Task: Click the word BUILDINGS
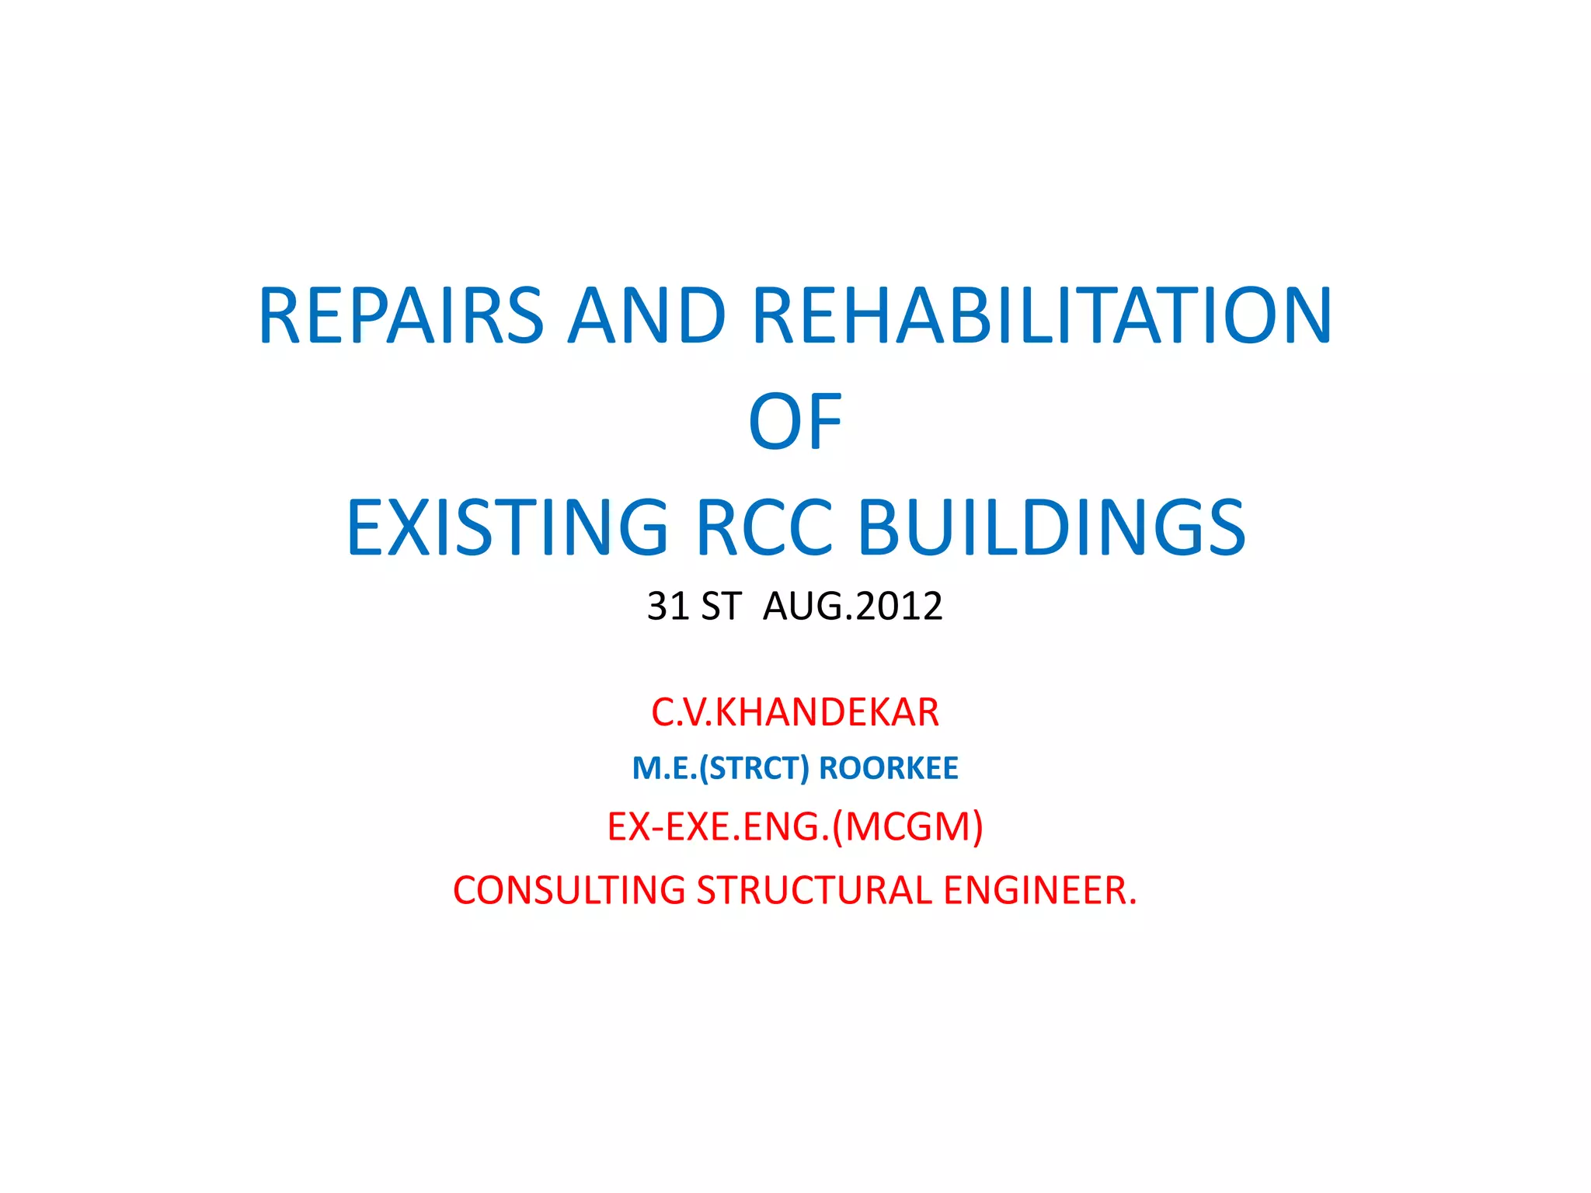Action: (1051, 528)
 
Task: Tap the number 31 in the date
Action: (668, 606)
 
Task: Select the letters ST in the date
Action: (721, 606)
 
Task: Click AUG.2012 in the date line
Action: (852, 606)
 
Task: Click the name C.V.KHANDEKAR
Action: (795, 712)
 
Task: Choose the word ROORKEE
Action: (889, 768)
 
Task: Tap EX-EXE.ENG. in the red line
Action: (718, 826)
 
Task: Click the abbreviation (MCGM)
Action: (907, 826)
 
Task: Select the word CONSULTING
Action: (569, 890)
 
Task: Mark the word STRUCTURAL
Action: (813, 890)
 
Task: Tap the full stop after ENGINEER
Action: (1133, 903)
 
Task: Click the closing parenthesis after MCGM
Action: (977, 826)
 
